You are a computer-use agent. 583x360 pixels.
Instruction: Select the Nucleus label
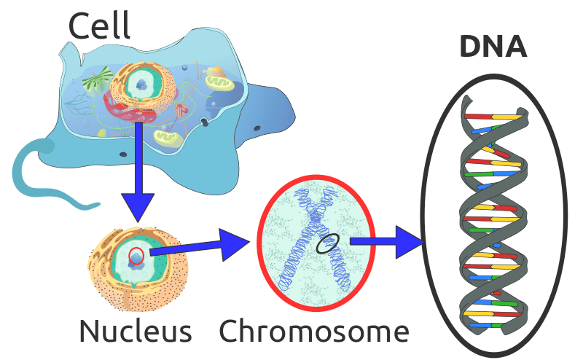pyautogui.click(x=136, y=331)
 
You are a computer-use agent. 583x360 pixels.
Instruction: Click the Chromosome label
pyautogui.click(x=314, y=331)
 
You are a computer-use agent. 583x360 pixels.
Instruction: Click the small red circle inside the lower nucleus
pyautogui.click(x=136, y=255)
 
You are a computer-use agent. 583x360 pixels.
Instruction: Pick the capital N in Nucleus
pyautogui.click(x=90, y=331)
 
